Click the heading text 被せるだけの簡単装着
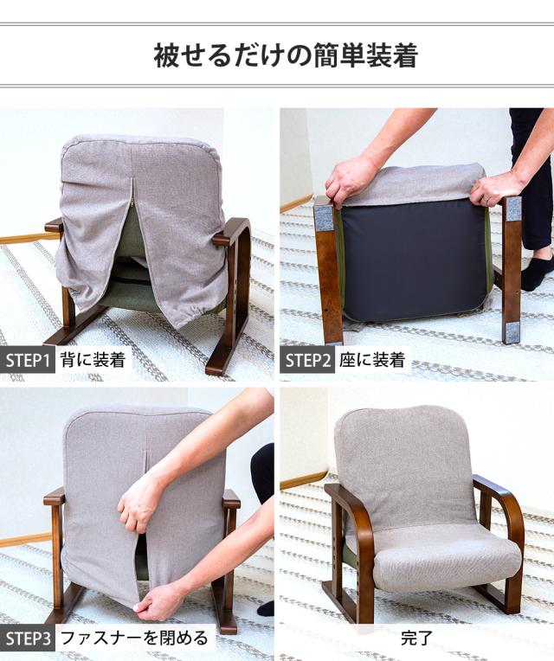[x=285, y=56]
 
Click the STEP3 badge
[x=29, y=639]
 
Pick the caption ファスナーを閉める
[x=133, y=639]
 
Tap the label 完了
[x=416, y=639]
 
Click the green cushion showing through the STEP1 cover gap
[x=129, y=234]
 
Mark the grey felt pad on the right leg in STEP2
[x=512, y=208]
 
